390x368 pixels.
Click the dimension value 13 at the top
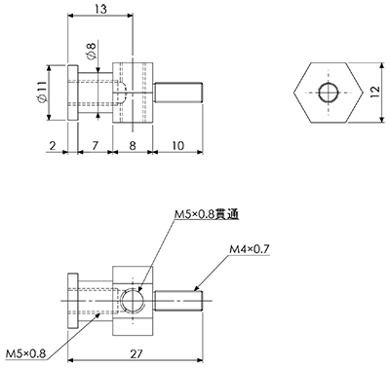(101, 9)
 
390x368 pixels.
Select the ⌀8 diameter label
(93, 52)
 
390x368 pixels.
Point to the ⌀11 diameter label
(42, 92)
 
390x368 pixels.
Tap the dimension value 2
(53, 145)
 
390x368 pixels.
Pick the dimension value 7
(95, 145)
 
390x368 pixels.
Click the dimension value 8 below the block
(133, 145)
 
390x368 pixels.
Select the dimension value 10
(177, 145)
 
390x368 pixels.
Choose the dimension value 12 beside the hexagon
(374, 92)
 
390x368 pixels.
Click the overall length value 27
(136, 353)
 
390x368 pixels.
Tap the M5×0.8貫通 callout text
(207, 214)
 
